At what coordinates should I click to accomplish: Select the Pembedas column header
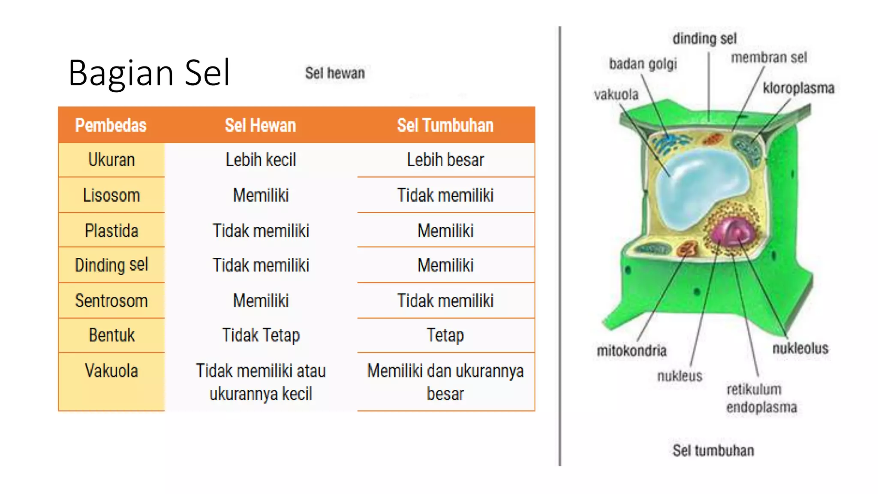(111, 125)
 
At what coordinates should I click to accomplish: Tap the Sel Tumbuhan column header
(445, 125)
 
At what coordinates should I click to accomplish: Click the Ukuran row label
(111, 160)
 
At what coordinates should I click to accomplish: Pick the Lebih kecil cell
(261, 160)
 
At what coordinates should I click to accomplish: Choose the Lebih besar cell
(445, 160)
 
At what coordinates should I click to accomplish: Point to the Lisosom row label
(111, 195)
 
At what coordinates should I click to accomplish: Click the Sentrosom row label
(111, 301)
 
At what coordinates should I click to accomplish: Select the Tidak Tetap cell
(261, 335)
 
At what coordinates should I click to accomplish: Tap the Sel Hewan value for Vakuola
(261, 382)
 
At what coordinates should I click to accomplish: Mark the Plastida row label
(111, 231)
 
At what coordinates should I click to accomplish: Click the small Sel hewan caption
(335, 73)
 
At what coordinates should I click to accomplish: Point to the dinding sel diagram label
(704, 39)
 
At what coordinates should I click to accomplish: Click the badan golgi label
(643, 64)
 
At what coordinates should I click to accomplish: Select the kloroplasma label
(798, 88)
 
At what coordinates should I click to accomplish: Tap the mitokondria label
(631, 351)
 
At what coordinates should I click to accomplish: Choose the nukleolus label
(800, 348)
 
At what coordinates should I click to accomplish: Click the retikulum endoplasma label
(761, 398)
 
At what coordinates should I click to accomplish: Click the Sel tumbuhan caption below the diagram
(713, 450)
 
